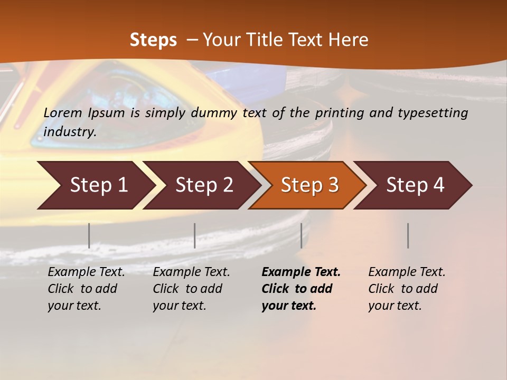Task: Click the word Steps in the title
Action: tap(153, 40)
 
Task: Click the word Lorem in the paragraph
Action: tap(63, 112)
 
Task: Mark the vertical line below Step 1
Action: tap(89, 235)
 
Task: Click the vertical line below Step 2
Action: tap(195, 235)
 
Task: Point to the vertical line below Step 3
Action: tap(302, 235)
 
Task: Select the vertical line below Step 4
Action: tap(408, 235)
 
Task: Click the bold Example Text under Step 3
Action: tap(301, 272)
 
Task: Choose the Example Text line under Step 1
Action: tap(86, 272)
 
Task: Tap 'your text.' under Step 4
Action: tap(395, 306)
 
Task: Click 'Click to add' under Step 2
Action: tap(187, 289)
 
